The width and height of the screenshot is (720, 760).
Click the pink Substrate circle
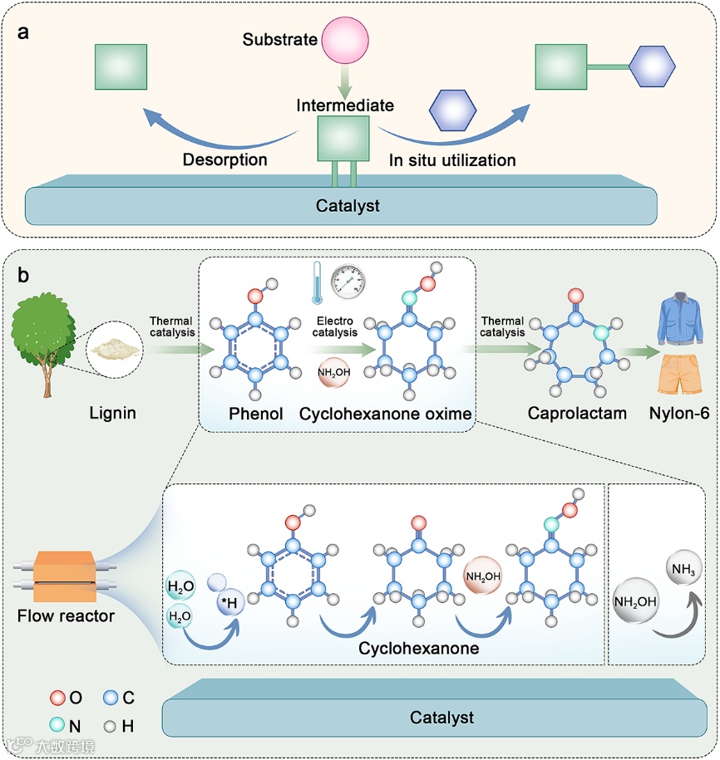click(347, 40)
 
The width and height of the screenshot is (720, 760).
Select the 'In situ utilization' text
click(452, 159)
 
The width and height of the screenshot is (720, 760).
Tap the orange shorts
click(679, 374)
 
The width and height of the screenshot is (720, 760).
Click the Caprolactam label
click(577, 412)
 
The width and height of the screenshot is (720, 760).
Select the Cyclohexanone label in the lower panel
click(418, 649)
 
